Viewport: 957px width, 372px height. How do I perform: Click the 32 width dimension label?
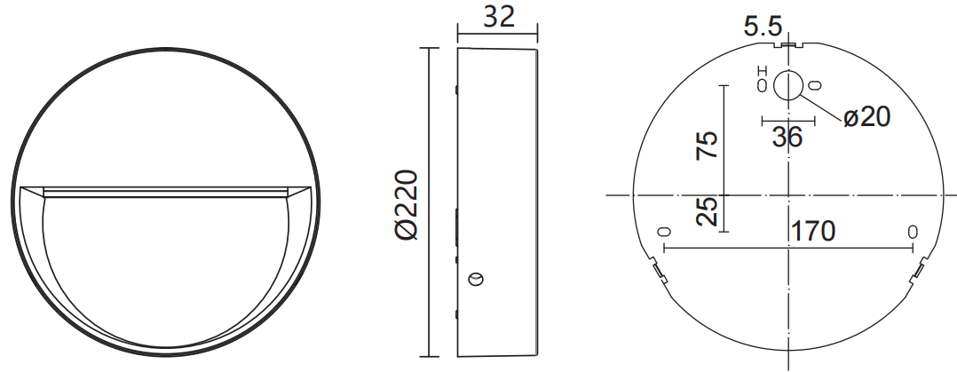(498, 17)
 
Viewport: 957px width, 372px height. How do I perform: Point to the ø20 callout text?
(866, 116)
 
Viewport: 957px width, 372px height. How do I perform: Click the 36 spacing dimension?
(787, 137)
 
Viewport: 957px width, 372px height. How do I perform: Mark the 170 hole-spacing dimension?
(813, 232)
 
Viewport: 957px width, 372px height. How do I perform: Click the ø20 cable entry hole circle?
(787, 85)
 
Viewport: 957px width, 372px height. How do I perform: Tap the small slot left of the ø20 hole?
(761, 85)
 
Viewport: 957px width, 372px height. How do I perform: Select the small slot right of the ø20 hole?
(815, 85)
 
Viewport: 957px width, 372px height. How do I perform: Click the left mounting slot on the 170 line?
(662, 232)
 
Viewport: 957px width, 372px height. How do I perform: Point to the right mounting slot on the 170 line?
(912, 232)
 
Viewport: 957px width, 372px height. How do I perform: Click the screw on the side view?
(477, 281)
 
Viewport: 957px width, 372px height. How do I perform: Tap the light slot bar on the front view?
(166, 190)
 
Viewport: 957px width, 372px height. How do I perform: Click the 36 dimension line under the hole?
(787, 120)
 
